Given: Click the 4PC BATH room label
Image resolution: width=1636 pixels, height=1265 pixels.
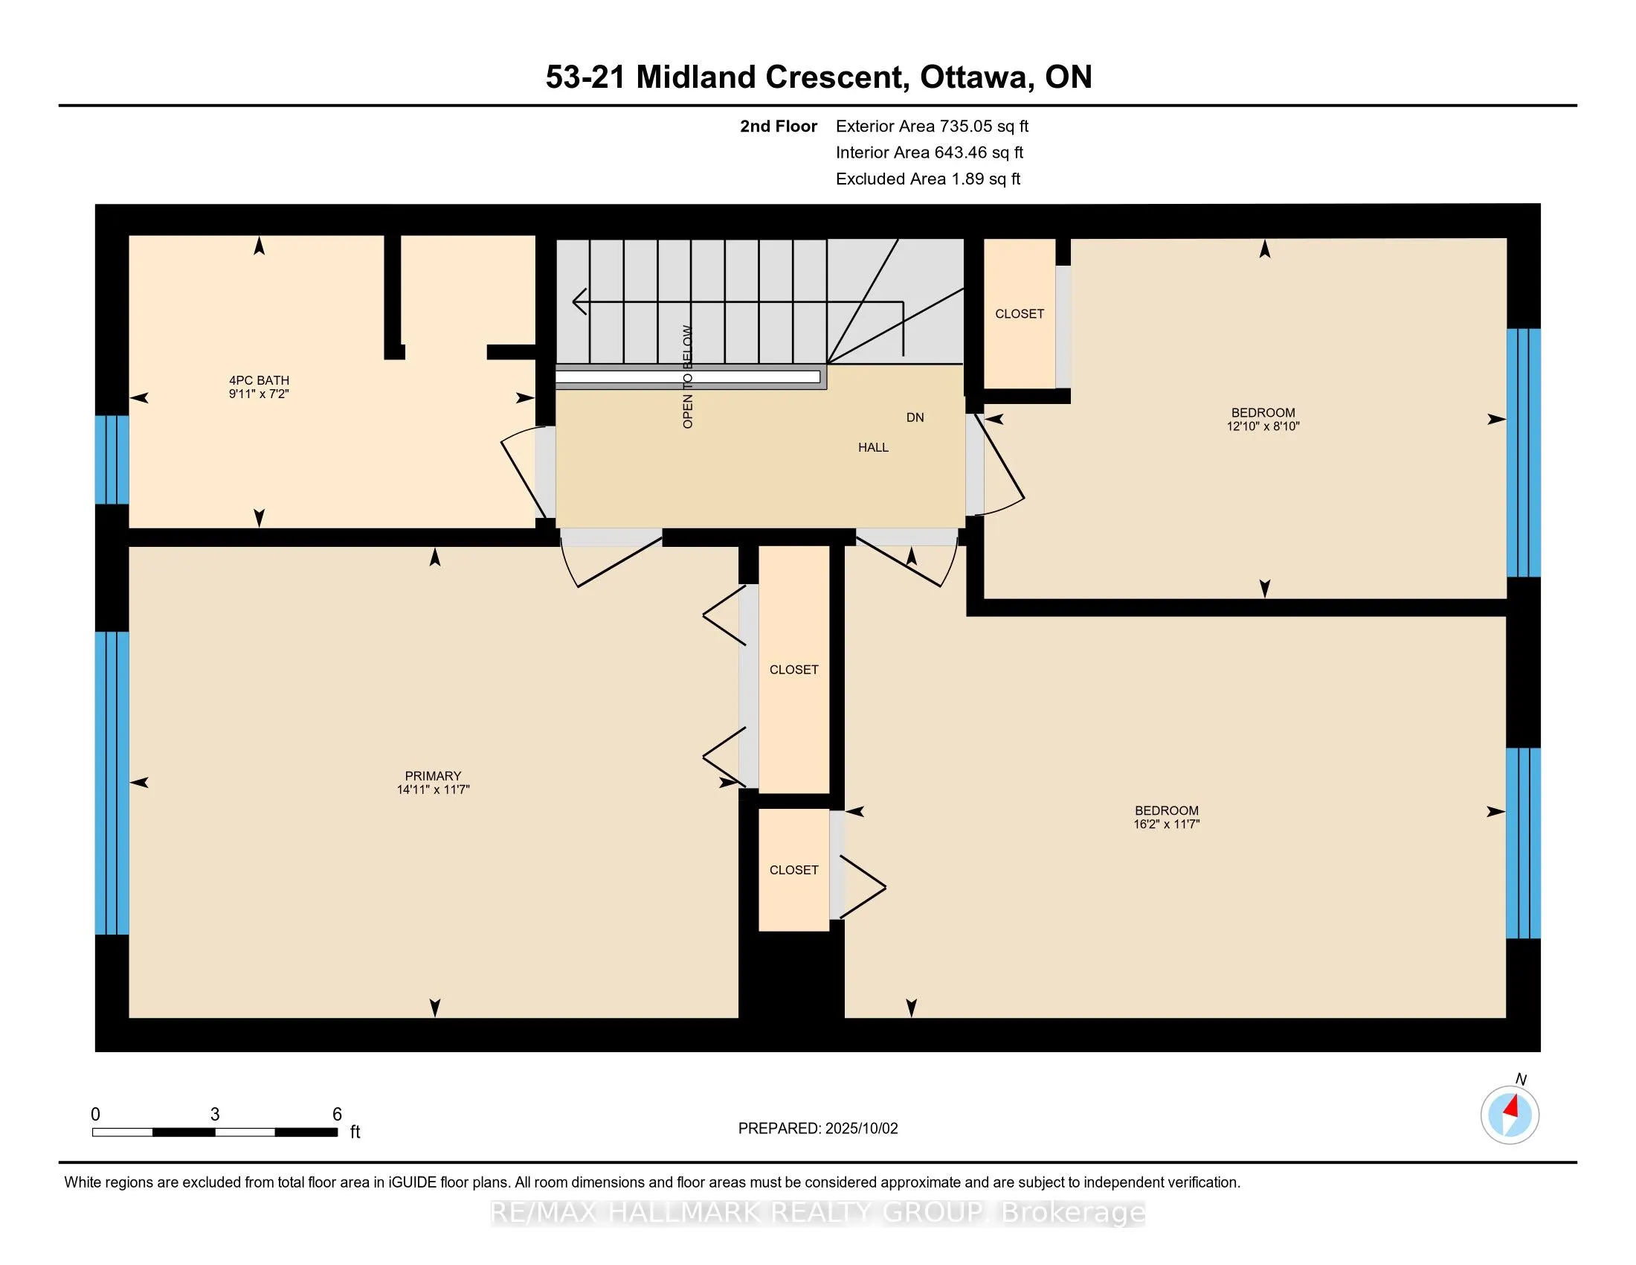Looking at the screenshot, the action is [x=260, y=380].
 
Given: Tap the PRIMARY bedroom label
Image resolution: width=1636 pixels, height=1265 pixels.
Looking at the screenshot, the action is [x=433, y=775].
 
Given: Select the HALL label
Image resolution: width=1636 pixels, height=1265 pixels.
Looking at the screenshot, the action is [x=874, y=447].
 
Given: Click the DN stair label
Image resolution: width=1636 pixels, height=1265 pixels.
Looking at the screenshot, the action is [x=915, y=417].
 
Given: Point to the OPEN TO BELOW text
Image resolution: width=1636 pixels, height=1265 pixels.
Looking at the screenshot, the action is [x=688, y=377].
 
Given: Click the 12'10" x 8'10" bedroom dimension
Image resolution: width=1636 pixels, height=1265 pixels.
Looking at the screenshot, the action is [x=1263, y=426].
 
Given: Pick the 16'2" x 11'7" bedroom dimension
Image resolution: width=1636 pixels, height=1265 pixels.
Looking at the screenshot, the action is [x=1166, y=824].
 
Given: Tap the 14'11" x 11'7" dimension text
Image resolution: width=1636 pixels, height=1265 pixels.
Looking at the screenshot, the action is [x=433, y=789].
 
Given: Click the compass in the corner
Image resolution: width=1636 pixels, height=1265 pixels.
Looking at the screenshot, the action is [x=1510, y=1115].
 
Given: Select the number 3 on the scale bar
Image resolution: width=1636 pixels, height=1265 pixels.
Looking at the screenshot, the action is [x=215, y=1115].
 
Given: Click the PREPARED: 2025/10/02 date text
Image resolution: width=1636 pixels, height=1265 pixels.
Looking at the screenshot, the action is [x=818, y=1129].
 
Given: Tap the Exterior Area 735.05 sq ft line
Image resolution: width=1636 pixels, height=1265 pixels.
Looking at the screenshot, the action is [x=933, y=126].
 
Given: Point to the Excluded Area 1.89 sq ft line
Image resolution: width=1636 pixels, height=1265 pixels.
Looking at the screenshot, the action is [x=928, y=179].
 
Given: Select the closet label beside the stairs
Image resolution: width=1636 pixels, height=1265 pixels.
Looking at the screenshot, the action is [x=1020, y=314].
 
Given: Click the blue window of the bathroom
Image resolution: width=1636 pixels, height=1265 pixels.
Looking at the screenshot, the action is [x=112, y=459].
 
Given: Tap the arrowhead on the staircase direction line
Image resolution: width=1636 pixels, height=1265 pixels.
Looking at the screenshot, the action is [x=579, y=302].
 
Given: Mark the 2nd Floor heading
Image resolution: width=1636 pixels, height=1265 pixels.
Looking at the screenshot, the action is [x=779, y=126].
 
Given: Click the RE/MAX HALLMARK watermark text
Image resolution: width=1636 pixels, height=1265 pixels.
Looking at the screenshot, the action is [x=818, y=1213].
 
